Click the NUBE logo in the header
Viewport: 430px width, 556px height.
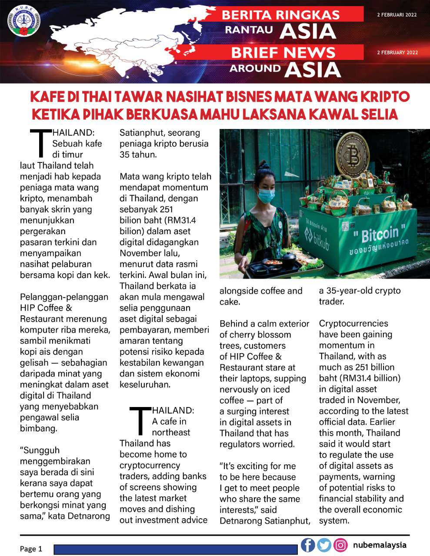[24, 20]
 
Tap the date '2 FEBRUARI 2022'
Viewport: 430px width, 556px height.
[397, 15]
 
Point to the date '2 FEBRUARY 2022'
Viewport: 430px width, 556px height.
[397, 53]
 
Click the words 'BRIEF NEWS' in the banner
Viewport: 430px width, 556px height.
[283, 53]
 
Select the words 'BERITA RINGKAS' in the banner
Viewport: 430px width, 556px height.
[280, 15]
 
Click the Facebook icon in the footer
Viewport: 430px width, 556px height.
[308, 545]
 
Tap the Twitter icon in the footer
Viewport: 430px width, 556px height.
[324, 545]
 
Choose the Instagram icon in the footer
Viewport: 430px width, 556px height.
[340, 545]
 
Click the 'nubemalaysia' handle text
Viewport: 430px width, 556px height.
[380, 545]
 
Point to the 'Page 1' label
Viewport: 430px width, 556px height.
[31, 549]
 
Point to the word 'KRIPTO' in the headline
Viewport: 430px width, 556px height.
[383, 96]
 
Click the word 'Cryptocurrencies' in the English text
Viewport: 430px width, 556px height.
[353, 323]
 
